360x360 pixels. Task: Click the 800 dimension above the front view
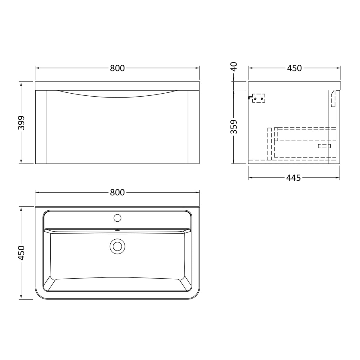(117, 68)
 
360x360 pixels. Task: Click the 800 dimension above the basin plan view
(117, 192)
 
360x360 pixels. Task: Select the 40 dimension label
(234, 67)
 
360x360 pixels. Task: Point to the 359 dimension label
(234, 127)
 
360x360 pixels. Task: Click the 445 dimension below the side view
(293, 178)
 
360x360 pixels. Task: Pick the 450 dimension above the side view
(294, 68)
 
